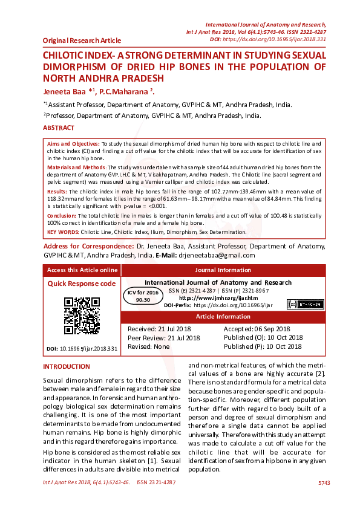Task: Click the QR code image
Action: (x=82, y=316)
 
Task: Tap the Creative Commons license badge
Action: (x=304, y=304)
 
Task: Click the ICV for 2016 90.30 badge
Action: (x=143, y=296)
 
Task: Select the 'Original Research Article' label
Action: (x=82, y=41)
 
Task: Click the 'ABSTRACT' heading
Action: (x=59, y=128)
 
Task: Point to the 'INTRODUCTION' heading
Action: (x=67, y=367)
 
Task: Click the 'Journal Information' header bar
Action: (x=223, y=270)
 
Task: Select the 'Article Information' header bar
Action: (x=223, y=317)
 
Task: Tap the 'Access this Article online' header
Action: (x=82, y=270)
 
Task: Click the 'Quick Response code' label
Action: (x=82, y=284)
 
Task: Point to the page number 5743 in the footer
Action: (x=324, y=483)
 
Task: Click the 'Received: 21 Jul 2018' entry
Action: (x=159, y=328)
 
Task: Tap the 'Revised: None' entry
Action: (x=149, y=346)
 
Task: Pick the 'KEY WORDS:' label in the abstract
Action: (x=63, y=232)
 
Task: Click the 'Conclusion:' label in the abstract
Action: (x=64, y=215)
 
